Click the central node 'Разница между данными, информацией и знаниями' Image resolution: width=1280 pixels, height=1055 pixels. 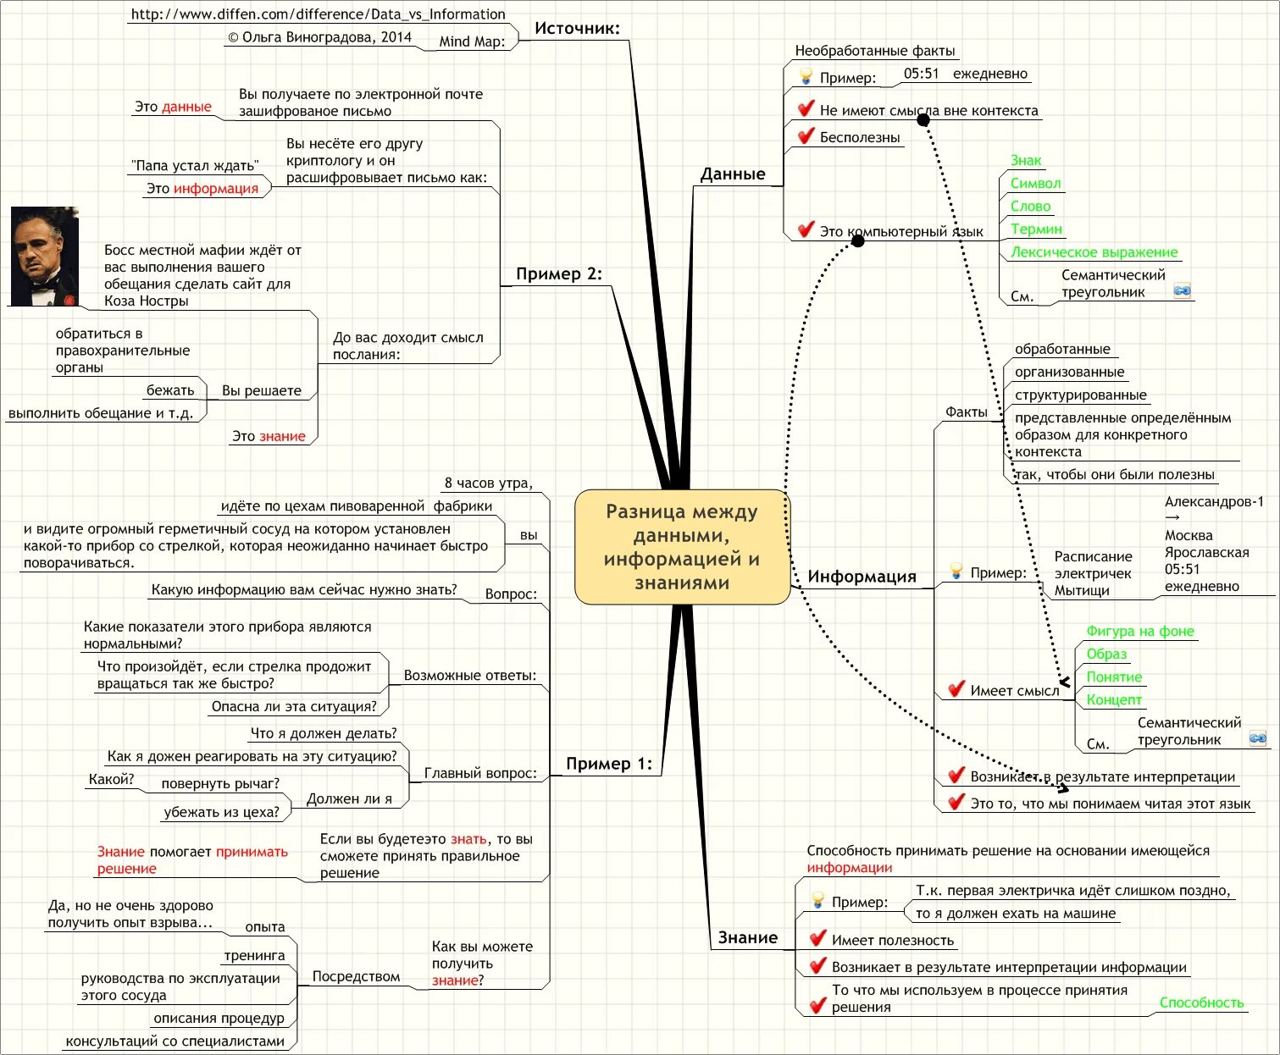pyautogui.click(x=682, y=547)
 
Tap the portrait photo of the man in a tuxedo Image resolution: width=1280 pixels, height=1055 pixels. pyautogui.click(x=45, y=256)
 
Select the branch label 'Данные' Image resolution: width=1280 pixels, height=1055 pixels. pyautogui.click(x=733, y=174)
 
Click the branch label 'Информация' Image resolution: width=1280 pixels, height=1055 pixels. pyautogui.click(x=862, y=577)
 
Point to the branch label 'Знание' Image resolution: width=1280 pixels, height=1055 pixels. pyautogui.click(x=747, y=937)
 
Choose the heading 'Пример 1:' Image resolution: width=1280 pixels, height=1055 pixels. pyautogui.click(x=609, y=764)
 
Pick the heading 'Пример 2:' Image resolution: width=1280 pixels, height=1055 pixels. pyautogui.click(x=559, y=273)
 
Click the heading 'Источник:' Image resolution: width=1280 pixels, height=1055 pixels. pyautogui.click(x=577, y=28)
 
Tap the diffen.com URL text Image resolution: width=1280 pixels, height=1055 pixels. pyautogui.click(x=318, y=14)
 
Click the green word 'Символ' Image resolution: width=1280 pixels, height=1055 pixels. pyautogui.click(x=1035, y=183)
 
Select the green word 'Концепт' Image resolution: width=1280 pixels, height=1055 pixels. pyautogui.click(x=1114, y=699)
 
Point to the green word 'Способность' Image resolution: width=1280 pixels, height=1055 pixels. pyautogui.click(x=1201, y=1003)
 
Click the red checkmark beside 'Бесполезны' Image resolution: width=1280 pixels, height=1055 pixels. pyautogui.click(x=806, y=135)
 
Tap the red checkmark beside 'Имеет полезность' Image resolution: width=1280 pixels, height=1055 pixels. pyautogui.click(x=817, y=938)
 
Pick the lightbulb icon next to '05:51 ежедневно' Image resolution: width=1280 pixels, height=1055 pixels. pyautogui.click(x=806, y=77)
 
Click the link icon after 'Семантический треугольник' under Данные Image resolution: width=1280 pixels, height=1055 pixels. pyautogui.click(x=1183, y=290)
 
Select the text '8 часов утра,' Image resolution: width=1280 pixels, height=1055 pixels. pyautogui.click(x=489, y=483)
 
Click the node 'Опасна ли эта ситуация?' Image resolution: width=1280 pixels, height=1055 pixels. pyautogui.click(x=294, y=706)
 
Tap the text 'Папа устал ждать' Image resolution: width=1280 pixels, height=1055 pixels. pyautogui.click(x=195, y=165)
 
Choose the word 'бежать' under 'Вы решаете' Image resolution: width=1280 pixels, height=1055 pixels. pyautogui.click(x=170, y=390)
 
